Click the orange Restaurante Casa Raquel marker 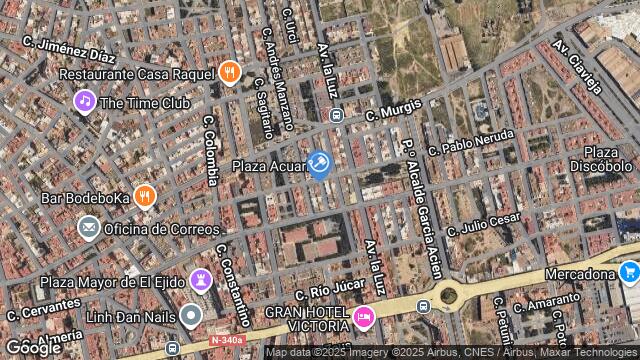(x=230, y=72)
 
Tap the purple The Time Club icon (x=85, y=101)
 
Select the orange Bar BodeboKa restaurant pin (x=144, y=196)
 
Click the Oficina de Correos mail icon (x=88, y=228)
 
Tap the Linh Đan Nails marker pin (x=191, y=316)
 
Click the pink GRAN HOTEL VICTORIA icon (x=364, y=317)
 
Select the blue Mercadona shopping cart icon (x=628, y=272)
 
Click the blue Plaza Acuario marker (x=319, y=163)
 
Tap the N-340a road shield (x=228, y=341)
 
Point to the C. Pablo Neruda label (x=471, y=142)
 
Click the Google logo (x=33, y=347)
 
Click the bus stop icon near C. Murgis (x=336, y=115)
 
